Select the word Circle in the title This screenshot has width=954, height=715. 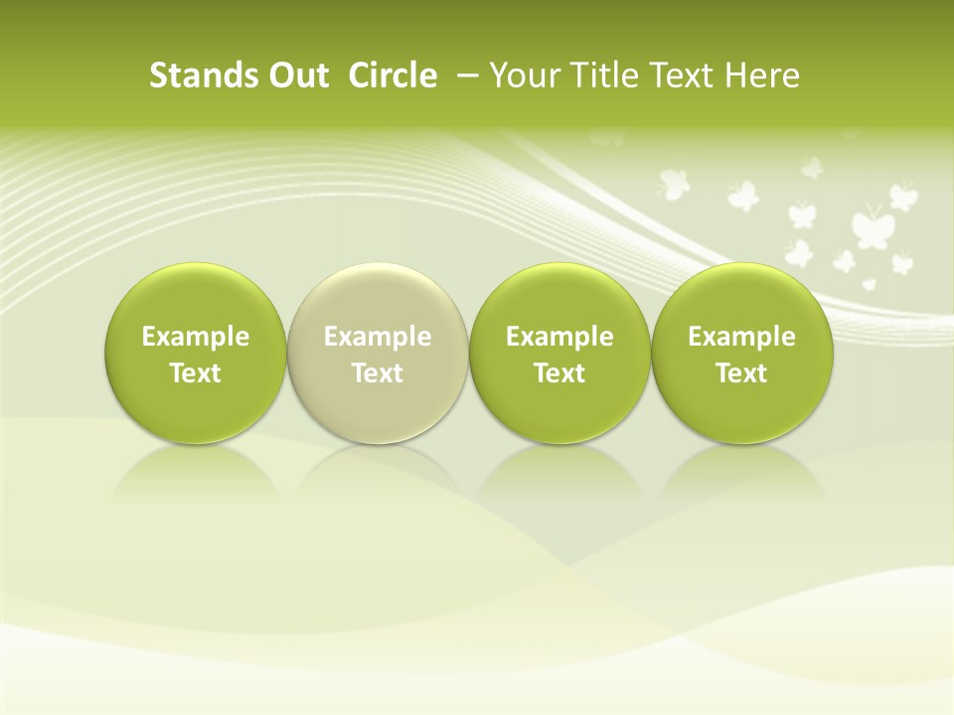click(393, 75)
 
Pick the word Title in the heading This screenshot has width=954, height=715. click(605, 75)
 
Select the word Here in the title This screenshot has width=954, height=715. click(764, 75)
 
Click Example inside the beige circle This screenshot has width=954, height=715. click(378, 337)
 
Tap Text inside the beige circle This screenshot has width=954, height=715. click(378, 373)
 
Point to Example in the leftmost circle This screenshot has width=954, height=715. click(196, 337)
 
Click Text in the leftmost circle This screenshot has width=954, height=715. click(196, 373)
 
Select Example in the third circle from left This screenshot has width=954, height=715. click(559, 337)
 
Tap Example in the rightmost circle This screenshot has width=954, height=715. click(742, 337)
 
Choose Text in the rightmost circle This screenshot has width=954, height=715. click(742, 373)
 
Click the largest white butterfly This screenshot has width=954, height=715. click(872, 227)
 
